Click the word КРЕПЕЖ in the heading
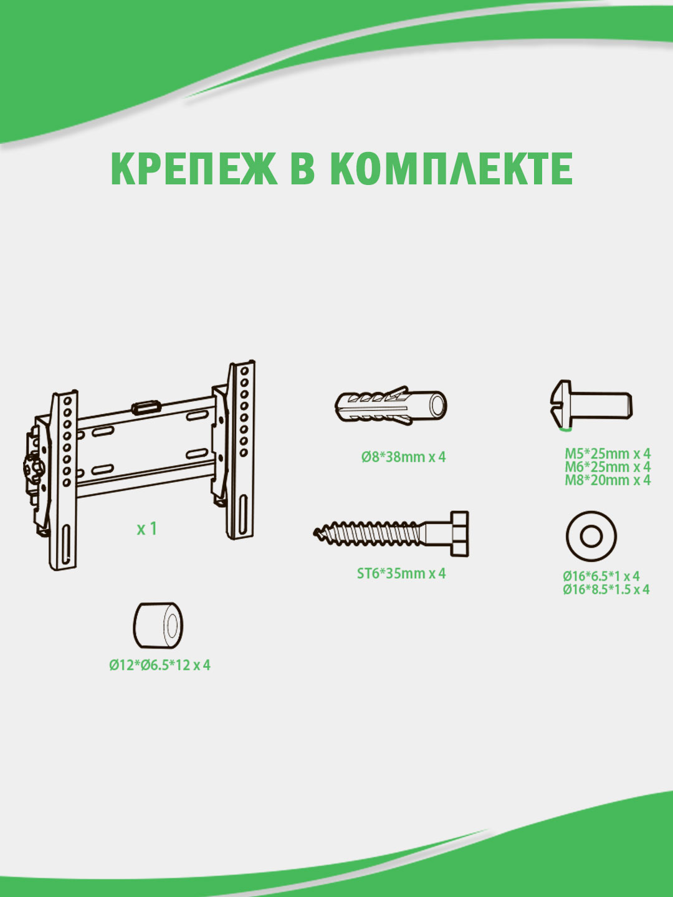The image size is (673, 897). click(x=194, y=169)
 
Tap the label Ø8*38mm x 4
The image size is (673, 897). click(x=403, y=457)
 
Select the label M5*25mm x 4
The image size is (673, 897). click(x=608, y=453)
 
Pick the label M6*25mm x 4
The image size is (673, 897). click(x=608, y=467)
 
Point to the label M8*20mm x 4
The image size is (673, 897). click(x=608, y=480)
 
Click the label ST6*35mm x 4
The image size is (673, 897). click(x=401, y=573)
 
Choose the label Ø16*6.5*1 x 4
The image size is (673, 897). click(x=601, y=576)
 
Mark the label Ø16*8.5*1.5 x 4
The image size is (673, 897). click(x=606, y=589)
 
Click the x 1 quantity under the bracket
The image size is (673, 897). click(x=146, y=529)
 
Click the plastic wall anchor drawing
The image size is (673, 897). click(x=391, y=406)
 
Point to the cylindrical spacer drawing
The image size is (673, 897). click(x=158, y=625)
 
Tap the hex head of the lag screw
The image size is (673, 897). click(x=459, y=534)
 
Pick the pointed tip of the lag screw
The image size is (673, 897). click(x=315, y=532)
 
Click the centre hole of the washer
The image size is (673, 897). click(x=591, y=536)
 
